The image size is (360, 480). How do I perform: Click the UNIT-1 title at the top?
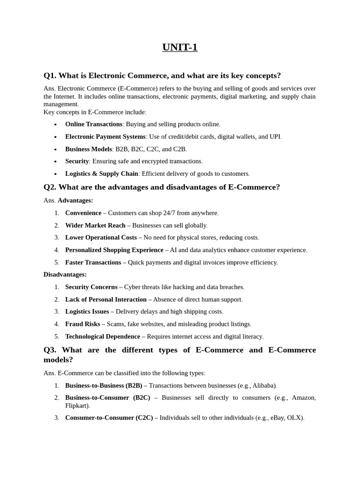coord(180,47)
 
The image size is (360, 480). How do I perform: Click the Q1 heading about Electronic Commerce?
coord(162,75)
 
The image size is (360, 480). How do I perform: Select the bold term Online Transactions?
coord(94,124)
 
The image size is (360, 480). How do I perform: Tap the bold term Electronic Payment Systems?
coord(105,136)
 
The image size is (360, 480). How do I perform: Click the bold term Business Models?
coord(89,149)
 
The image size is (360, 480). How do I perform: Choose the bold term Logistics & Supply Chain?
coord(102,173)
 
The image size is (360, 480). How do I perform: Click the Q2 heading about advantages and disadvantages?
coord(162,187)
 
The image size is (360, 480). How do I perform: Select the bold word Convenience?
coord(83,213)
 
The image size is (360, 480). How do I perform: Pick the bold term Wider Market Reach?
coord(95,225)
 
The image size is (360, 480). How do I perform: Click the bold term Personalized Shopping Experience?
coord(114,250)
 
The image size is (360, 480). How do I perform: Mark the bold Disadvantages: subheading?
coord(65,274)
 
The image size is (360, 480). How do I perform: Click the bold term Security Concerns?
coord(91,287)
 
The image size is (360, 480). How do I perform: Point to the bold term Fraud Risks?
coord(82,324)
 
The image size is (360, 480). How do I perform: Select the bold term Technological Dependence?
coord(103,336)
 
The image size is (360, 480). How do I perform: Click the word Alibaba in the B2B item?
coord(263,385)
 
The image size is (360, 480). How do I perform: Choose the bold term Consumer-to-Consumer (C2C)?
coord(109,418)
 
